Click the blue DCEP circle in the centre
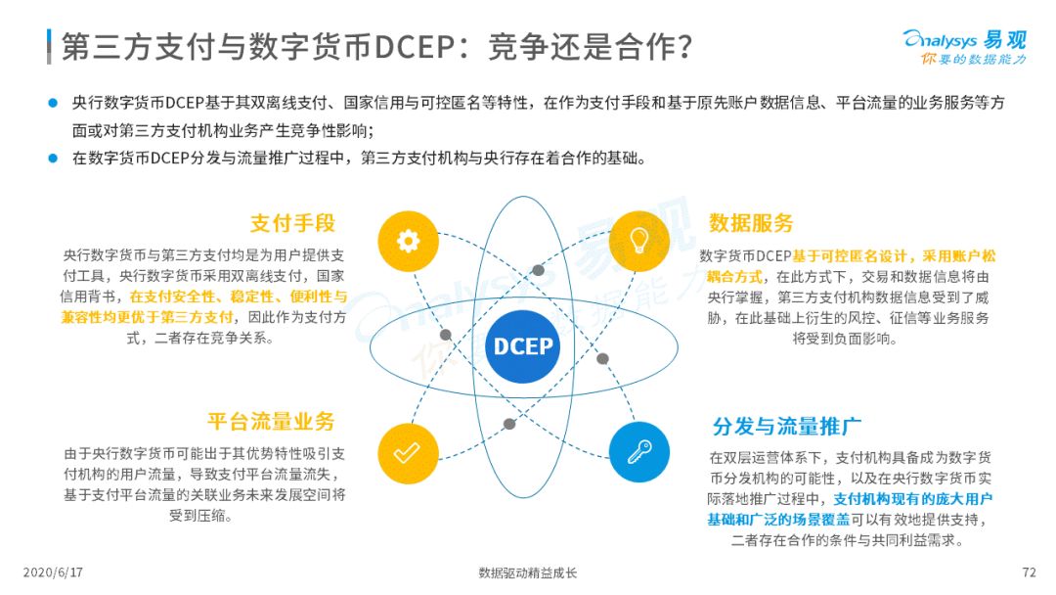[x=522, y=346]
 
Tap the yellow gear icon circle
[x=408, y=241]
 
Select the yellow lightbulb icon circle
[x=639, y=241]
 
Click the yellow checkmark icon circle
[x=408, y=453]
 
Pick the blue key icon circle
[x=639, y=452]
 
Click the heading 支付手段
[x=293, y=223]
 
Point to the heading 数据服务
[x=751, y=223]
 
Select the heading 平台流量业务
[x=272, y=422]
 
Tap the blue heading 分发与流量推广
[x=786, y=426]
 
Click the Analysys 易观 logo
[x=966, y=47]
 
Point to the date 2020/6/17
[x=53, y=572]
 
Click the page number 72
[x=1029, y=572]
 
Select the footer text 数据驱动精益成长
[x=528, y=573]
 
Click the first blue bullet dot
[x=53, y=103]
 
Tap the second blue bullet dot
[x=53, y=159]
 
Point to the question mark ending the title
[x=684, y=47]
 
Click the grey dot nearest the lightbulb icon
[x=538, y=270]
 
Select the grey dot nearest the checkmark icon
[x=509, y=424]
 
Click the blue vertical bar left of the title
[x=49, y=47]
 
